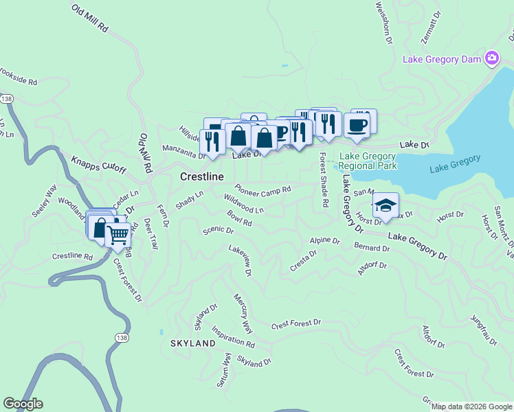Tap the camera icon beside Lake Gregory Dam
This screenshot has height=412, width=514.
[492, 58]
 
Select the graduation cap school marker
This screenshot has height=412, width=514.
[385, 205]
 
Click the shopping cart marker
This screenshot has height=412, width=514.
[118, 236]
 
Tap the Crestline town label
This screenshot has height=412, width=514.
[202, 177]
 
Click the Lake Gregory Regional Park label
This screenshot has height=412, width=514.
[368, 161]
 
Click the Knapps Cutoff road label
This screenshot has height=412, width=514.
[99, 165]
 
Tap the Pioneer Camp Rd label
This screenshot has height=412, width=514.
[263, 189]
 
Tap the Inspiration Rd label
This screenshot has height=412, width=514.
[234, 336]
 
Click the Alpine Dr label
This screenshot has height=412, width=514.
[325, 241]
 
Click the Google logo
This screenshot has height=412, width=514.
[23, 404]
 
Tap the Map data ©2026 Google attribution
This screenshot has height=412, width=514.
[471, 407]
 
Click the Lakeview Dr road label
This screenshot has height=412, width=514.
[241, 262]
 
